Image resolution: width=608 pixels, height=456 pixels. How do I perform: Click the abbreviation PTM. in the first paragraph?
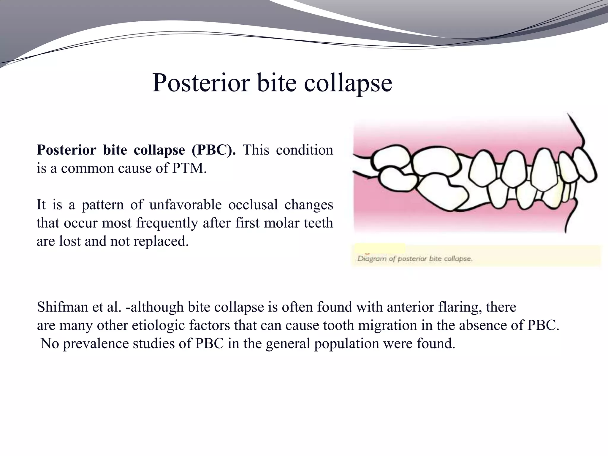(189, 168)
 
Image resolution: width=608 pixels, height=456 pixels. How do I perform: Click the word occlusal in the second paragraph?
(253, 205)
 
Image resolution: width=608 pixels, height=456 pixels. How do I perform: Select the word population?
(346, 344)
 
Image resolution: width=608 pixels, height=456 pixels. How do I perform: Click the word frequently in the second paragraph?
(167, 223)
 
